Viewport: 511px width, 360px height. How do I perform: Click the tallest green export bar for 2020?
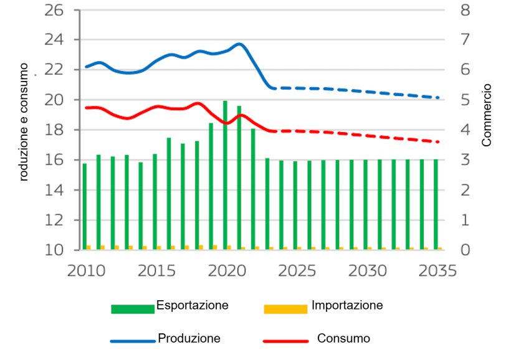tap(225, 175)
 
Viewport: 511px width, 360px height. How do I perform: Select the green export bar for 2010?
tap(85, 206)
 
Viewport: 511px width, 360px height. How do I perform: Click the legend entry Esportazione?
tap(192, 306)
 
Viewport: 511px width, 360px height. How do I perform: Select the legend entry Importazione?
tap(346, 306)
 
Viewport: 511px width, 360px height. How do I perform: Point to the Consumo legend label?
tap(343, 339)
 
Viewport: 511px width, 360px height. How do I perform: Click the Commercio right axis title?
tap(487, 115)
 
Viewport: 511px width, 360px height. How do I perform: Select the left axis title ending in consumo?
tap(24, 121)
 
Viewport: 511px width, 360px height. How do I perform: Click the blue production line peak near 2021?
tap(239, 44)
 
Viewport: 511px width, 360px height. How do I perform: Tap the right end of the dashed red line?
tap(438, 142)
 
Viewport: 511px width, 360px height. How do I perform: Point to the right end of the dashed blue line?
tap(438, 98)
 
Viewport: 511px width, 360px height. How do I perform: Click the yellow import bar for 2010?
tap(89, 247)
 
